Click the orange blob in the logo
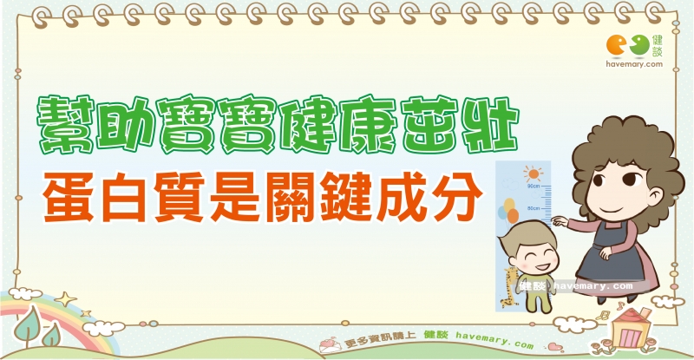[616, 46]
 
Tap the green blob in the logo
[640, 45]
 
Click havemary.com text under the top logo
[634, 64]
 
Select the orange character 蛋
[69, 197]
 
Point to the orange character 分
[457, 197]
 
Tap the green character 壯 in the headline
[490, 124]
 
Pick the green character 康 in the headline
[368, 124]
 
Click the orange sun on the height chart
[534, 173]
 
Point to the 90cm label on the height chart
[534, 187]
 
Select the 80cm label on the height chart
[534, 208]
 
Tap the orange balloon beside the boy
[513, 216]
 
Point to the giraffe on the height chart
[510, 288]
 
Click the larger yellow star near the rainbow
[66, 299]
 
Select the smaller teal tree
[52, 335]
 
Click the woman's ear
[655, 196]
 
